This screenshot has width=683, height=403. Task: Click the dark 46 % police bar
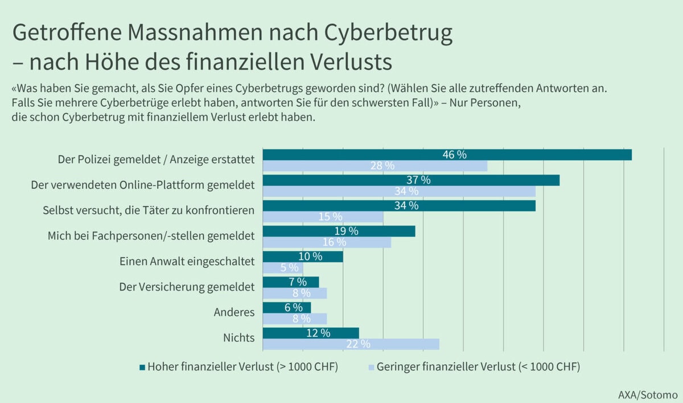tap(447, 154)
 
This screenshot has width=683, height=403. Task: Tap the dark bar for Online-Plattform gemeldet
tap(411, 180)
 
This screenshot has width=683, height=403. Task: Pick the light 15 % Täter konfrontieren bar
tap(323, 217)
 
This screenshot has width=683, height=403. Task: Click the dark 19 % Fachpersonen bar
tap(339, 231)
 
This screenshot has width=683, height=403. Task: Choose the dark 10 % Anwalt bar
tap(303, 257)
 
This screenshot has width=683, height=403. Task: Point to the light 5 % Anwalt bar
tap(283, 268)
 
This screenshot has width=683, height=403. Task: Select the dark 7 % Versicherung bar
tap(291, 282)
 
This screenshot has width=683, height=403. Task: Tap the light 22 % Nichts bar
tap(351, 344)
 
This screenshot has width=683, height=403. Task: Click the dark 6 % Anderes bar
tap(287, 307)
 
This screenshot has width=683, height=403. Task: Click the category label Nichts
tap(239, 337)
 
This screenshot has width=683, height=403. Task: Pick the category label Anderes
tap(234, 312)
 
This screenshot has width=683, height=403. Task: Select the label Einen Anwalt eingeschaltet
tap(187, 261)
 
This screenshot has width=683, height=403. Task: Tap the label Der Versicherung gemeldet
tap(187, 287)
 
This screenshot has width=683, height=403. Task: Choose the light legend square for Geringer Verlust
tap(371, 366)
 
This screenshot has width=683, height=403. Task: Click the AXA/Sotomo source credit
tap(648, 394)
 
